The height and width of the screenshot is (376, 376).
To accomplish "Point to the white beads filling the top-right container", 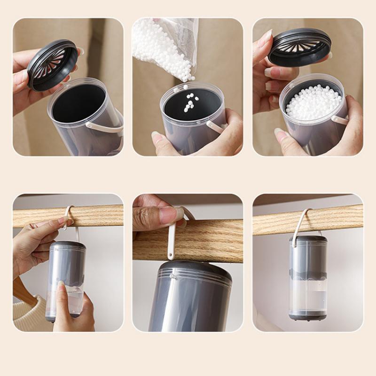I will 313,102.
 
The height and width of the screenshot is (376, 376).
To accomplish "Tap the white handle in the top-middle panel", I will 215,126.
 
